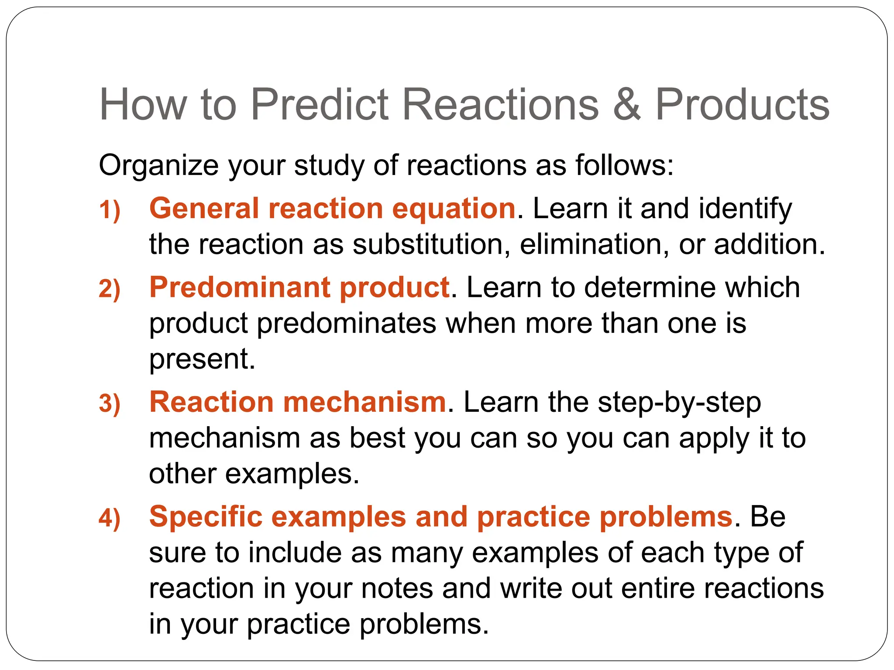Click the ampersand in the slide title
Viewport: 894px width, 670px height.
pos(627,105)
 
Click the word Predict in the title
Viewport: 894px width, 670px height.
pos(319,105)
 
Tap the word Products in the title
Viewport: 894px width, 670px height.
pos(742,105)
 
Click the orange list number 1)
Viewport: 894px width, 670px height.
pos(110,210)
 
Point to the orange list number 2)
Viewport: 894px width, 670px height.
pos(110,289)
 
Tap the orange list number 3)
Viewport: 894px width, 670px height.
pos(110,403)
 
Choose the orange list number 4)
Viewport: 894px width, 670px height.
pos(110,518)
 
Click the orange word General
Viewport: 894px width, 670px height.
pos(204,208)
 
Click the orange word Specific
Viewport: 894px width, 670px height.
pos(206,517)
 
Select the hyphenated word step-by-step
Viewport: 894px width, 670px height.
pos(679,403)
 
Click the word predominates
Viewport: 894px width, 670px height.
pos(347,324)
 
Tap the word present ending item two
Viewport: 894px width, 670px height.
pos(202,359)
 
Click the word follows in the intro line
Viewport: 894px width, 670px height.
pos(624,166)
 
